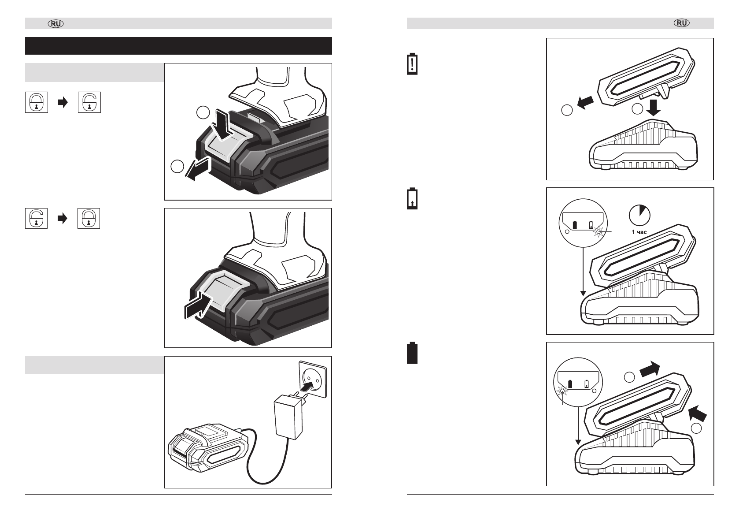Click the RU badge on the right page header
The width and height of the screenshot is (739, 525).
click(682, 23)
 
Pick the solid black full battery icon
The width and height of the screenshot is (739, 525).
click(412, 353)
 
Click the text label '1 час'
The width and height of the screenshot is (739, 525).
click(639, 232)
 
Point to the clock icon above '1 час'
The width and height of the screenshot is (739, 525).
click(639, 215)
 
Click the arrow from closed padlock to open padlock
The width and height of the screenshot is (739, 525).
click(63, 102)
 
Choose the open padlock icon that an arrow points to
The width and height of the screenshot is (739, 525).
click(89, 102)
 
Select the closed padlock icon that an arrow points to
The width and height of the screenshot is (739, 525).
click(89, 218)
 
